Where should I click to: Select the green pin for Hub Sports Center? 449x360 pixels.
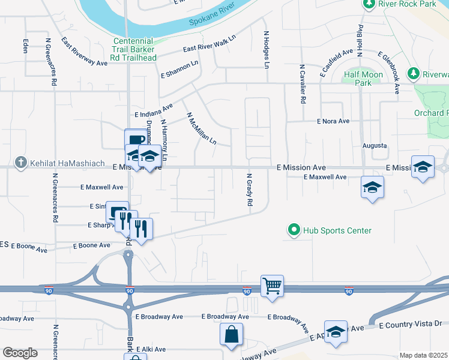pyautogui.click(x=294, y=230)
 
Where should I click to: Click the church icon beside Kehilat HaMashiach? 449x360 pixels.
pyautogui.click(x=20, y=162)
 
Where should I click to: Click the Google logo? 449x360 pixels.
pyautogui.click(x=20, y=353)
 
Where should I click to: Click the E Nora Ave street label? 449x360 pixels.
pyautogui.click(x=333, y=121)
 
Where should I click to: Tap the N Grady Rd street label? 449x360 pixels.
pyautogui.click(x=249, y=190)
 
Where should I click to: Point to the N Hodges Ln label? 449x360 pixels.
pyautogui.click(x=266, y=49)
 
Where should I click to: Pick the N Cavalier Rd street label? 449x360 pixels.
pyautogui.click(x=303, y=85)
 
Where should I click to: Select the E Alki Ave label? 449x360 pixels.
pyautogui.click(x=150, y=349)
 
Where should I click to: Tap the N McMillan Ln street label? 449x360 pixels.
pyautogui.click(x=201, y=129)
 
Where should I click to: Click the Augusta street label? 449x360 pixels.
pyautogui.click(x=375, y=146)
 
